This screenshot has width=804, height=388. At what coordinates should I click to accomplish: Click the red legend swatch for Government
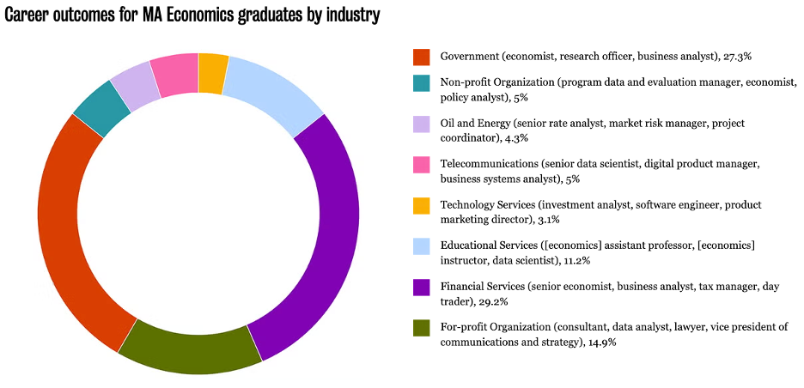click(x=421, y=57)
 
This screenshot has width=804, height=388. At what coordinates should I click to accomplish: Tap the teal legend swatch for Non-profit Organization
click(x=421, y=83)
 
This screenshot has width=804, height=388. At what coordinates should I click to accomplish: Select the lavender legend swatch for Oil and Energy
click(x=421, y=124)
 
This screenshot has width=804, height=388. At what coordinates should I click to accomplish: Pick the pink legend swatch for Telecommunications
click(x=421, y=164)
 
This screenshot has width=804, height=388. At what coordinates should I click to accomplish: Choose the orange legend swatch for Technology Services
click(x=421, y=205)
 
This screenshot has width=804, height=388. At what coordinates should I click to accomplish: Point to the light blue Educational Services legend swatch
click(x=421, y=246)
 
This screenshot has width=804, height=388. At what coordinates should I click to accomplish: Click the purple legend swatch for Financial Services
click(x=421, y=287)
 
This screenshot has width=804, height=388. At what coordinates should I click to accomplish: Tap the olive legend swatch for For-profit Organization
click(x=421, y=327)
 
